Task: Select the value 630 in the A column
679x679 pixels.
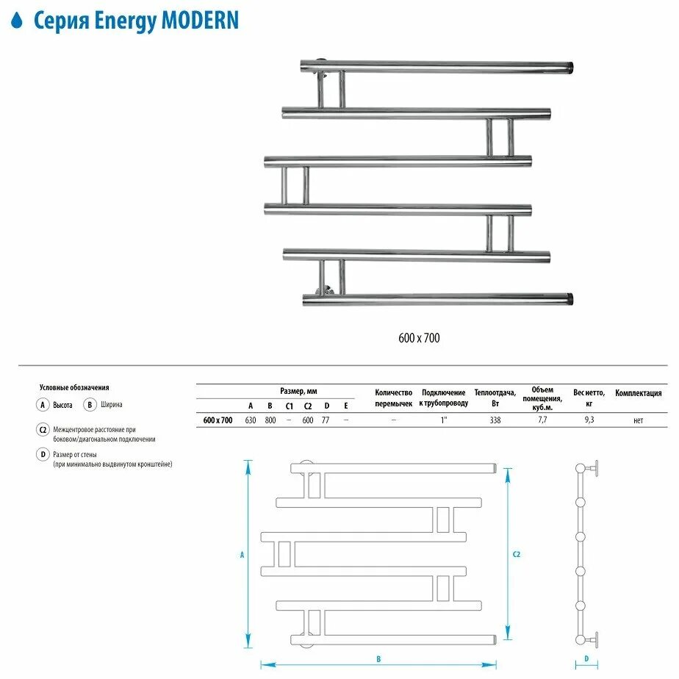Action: pos(251,420)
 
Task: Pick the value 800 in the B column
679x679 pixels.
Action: pos(270,420)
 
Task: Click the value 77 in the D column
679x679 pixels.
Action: pos(326,420)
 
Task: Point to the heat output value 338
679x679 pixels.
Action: pos(495,420)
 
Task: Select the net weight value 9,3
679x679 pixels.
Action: pos(589,420)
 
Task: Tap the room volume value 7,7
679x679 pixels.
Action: pos(543,420)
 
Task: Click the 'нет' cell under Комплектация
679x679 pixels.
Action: pos(638,420)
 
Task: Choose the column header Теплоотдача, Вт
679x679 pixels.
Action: pos(495,398)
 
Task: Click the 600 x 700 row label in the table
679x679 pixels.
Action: pos(218,420)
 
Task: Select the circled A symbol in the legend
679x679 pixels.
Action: pos(43,404)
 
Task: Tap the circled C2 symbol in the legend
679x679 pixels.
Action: pos(43,430)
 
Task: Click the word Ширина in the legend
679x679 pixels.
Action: pos(112,404)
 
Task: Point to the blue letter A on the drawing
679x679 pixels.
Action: pos(242,556)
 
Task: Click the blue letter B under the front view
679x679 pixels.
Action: pos(378,658)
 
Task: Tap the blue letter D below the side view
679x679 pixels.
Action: pos(586,658)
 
